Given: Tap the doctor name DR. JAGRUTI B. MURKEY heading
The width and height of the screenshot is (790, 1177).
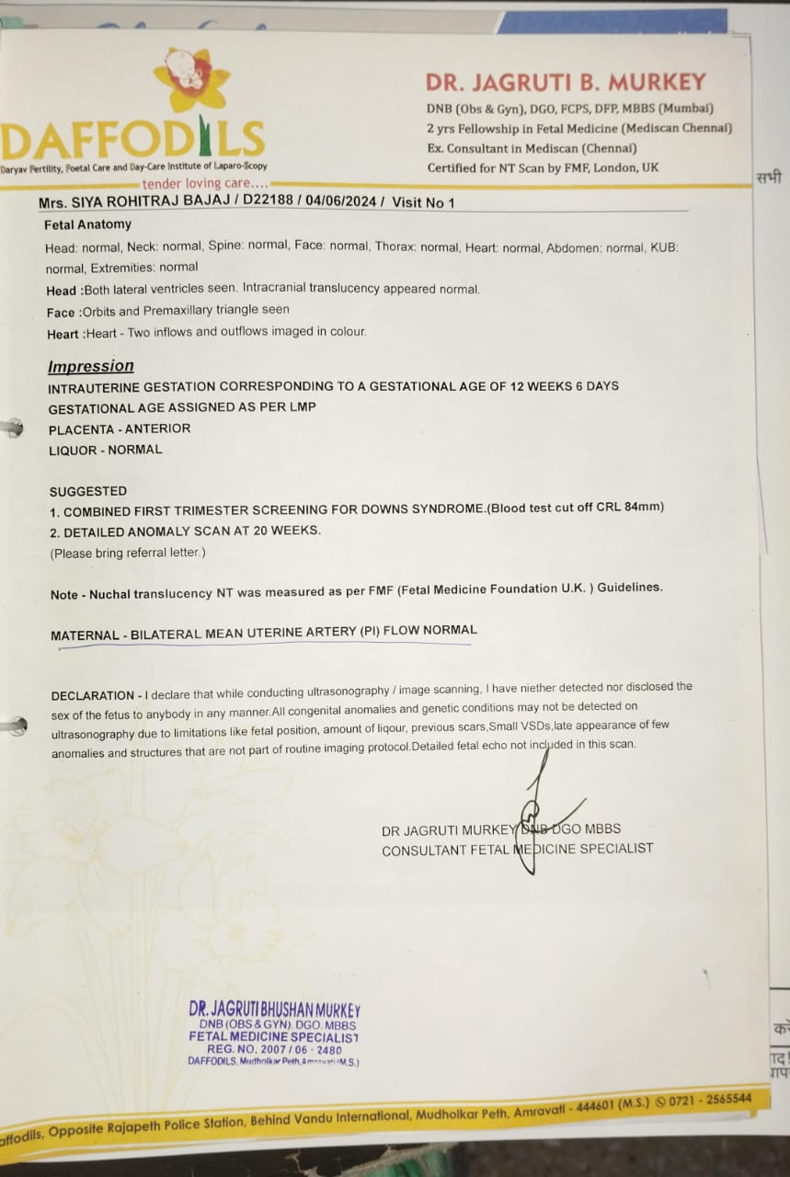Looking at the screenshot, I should pyautogui.click(x=566, y=82).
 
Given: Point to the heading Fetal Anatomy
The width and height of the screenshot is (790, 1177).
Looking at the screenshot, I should pyautogui.click(x=87, y=224).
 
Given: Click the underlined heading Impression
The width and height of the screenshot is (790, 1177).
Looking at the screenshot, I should pyautogui.click(x=91, y=366).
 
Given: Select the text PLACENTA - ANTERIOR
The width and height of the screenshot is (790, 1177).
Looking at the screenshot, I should pyautogui.click(x=120, y=429).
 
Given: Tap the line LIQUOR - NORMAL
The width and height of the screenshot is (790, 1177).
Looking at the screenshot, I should pyautogui.click(x=105, y=450).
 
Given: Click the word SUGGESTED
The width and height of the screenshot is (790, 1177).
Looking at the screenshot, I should pyautogui.click(x=88, y=491).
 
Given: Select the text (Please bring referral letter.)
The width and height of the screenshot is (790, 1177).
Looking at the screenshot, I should pyautogui.click(x=127, y=553).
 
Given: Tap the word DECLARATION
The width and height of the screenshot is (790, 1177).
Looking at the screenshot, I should pyautogui.click(x=92, y=696).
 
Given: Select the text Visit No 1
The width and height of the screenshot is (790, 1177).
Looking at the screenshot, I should pyautogui.click(x=423, y=202).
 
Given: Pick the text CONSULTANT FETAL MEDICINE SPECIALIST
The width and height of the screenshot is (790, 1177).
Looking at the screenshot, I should pyautogui.click(x=517, y=850).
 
